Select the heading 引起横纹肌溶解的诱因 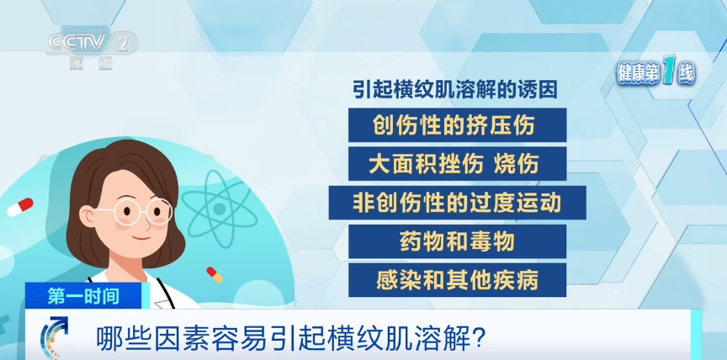click(x=454, y=90)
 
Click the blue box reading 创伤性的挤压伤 click(x=454, y=125)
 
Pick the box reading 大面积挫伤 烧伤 click(x=454, y=164)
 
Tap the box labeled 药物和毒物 click(x=456, y=241)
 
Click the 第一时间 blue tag click(x=83, y=296)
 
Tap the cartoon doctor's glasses click(x=140, y=211)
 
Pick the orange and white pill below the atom click(x=214, y=274)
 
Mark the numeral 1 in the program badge click(x=669, y=74)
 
